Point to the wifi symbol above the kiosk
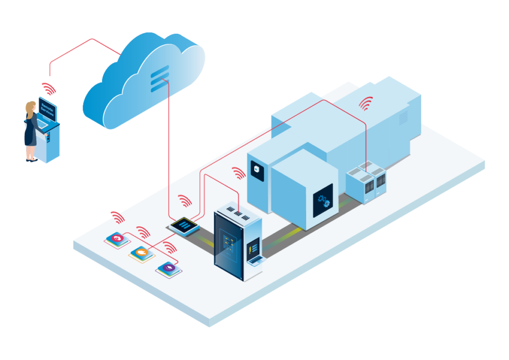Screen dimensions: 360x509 click(x=48, y=88)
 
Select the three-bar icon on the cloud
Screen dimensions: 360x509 click(x=160, y=79)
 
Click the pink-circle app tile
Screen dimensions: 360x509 click(x=117, y=239)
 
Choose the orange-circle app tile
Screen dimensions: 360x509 click(x=141, y=254)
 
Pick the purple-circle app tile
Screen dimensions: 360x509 click(x=168, y=269)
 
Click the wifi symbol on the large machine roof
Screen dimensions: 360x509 click(x=366, y=103)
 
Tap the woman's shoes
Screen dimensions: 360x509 click(x=31, y=160)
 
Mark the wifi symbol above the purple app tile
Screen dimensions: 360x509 click(x=170, y=248)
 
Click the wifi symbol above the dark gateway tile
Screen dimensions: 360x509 click(x=185, y=201)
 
